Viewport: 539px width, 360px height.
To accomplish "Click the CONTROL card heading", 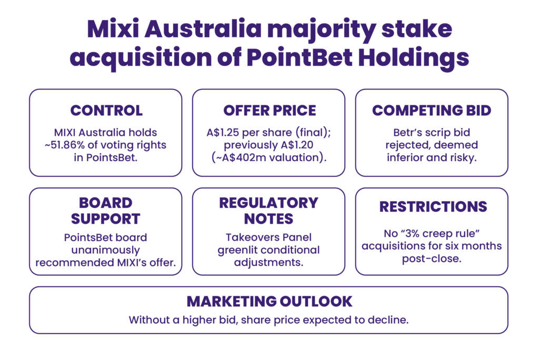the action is tap(106, 111).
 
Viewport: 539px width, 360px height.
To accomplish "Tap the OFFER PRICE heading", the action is tap(269, 111).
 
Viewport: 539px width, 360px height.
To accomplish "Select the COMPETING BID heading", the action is tap(432, 111).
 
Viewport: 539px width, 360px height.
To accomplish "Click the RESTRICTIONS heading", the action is tap(433, 207).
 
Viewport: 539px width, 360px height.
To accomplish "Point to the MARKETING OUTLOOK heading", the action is tap(269, 302).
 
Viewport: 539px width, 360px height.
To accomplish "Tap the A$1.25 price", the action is tap(223, 133).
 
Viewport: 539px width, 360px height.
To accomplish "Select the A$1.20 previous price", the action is tap(297, 145).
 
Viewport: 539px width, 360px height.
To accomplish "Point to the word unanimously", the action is tap(105, 251).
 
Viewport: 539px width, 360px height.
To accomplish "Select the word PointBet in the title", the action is tap(300, 57).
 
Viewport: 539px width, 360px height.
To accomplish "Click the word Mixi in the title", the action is tap(113, 29).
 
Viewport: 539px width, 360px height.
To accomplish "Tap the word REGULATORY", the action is tap(269, 203).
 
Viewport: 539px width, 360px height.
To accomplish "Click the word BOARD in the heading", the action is tap(105, 203).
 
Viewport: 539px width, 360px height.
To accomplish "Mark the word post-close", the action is tap(432, 259).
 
